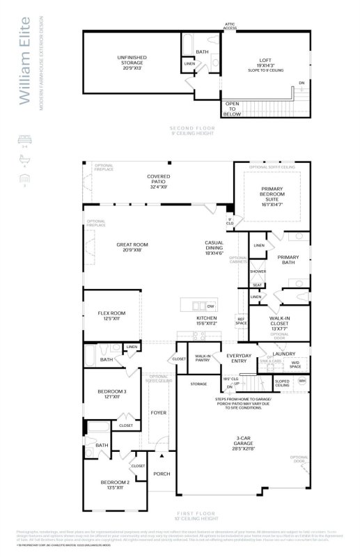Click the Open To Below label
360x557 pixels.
233,109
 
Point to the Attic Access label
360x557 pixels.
229,26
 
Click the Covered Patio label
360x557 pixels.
158,180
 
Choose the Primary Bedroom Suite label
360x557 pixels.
272,196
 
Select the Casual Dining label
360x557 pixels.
213,246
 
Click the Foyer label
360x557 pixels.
159,413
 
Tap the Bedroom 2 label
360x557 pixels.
115,485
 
